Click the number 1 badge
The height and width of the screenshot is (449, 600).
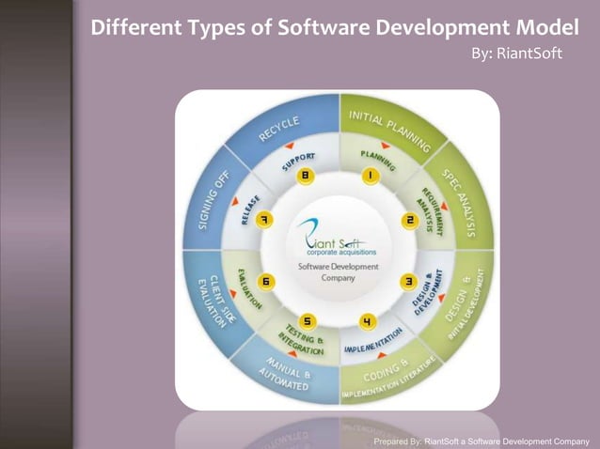click(x=371, y=176)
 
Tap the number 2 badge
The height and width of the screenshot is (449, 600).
click(x=410, y=220)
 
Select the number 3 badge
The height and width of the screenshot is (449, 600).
click(x=409, y=281)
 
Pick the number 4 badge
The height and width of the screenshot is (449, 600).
click(x=369, y=322)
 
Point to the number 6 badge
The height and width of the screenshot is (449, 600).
click(x=267, y=281)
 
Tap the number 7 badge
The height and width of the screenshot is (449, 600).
click(x=266, y=220)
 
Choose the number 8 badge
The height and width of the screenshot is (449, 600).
click(x=305, y=176)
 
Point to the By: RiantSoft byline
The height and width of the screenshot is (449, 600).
click(x=516, y=54)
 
